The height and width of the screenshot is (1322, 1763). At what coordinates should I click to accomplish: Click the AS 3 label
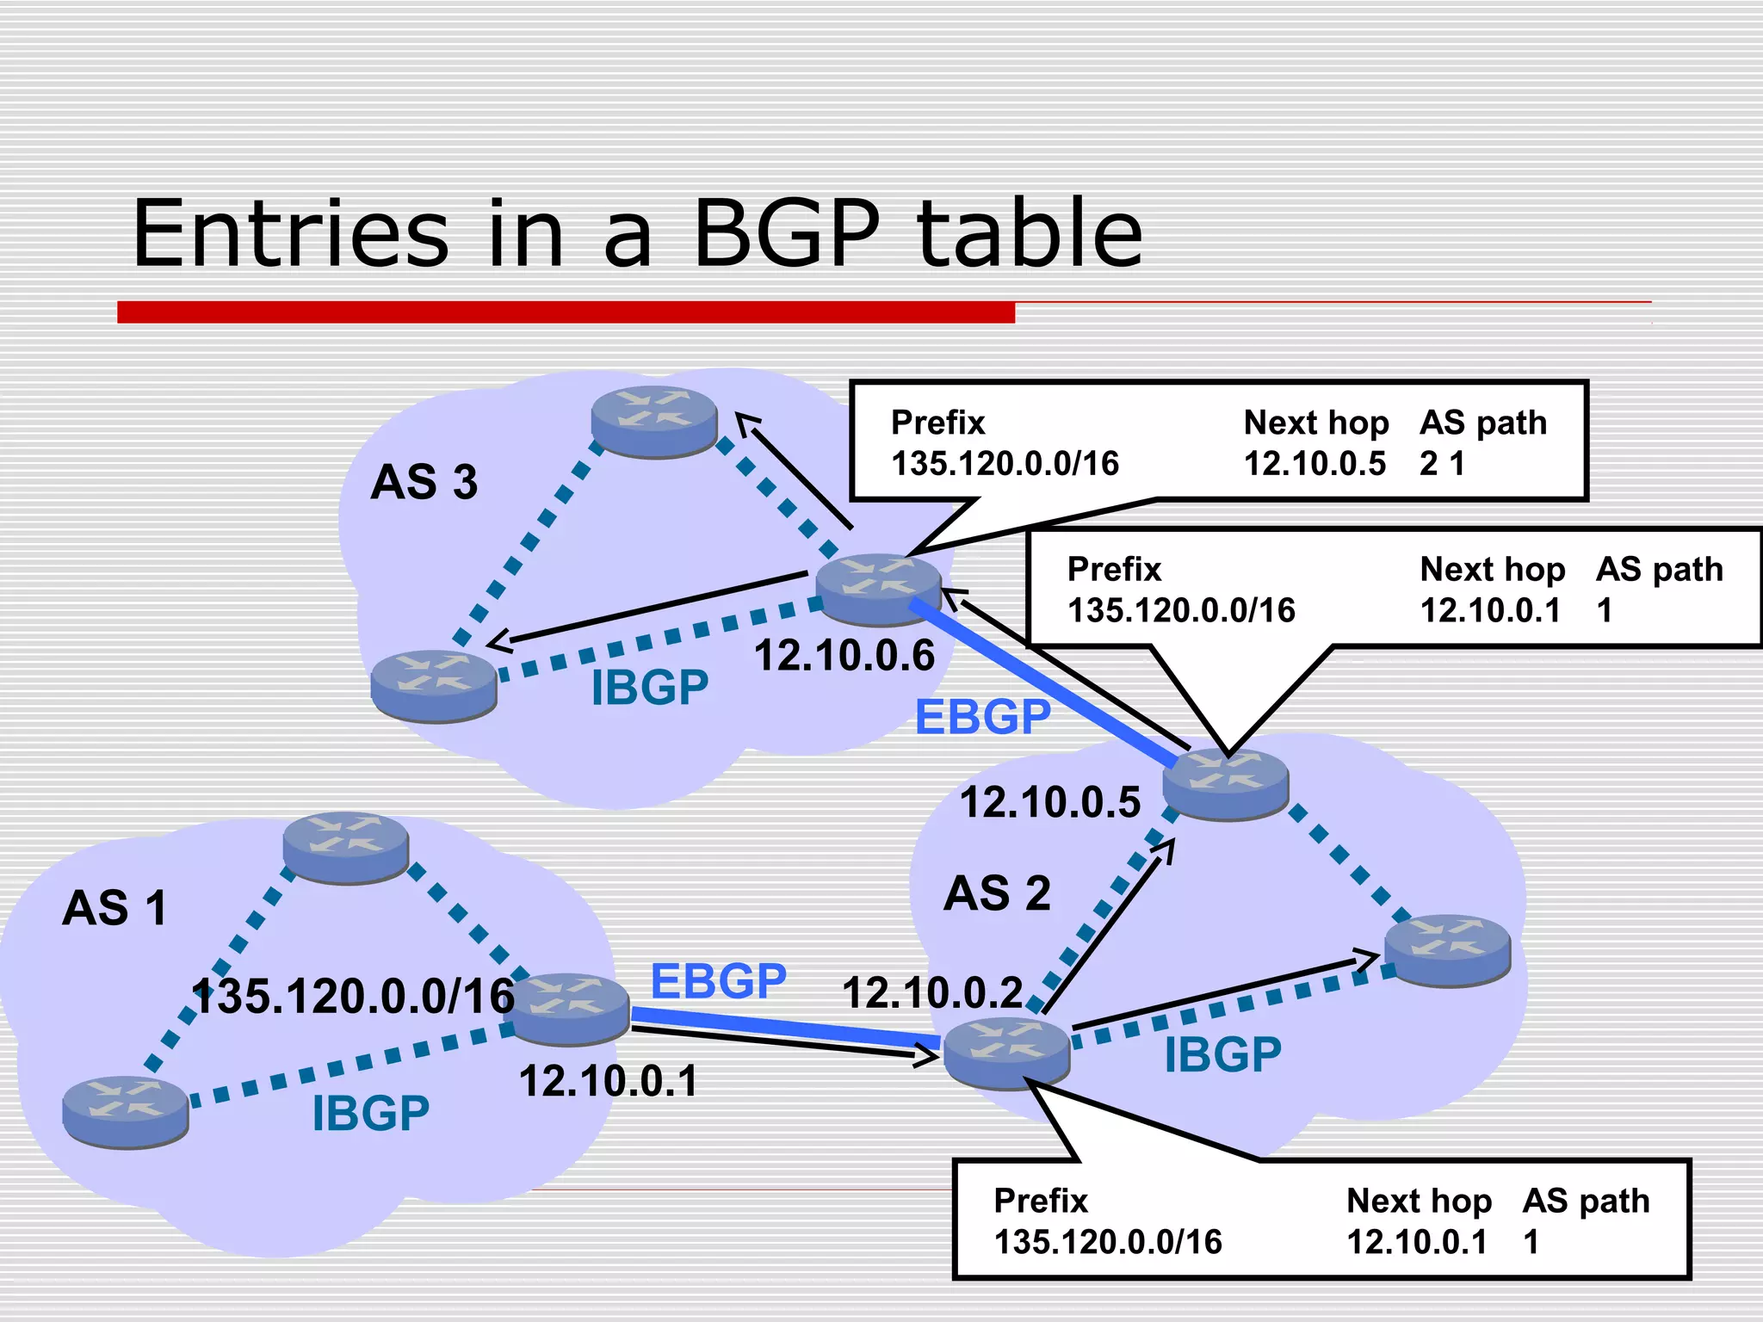pyautogui.click(x=424, y=482)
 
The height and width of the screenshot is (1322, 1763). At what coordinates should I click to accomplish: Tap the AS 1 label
pyautogui.click(x=114, y=908)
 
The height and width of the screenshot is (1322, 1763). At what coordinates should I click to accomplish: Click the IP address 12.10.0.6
pyautogui.click(x=844, y=656)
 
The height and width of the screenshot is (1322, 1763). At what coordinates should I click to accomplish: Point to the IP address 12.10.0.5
pyautogui.click(x=1049, y=802)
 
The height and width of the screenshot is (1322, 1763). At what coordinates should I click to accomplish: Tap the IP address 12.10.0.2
pyautogui.click(x=932, y=992)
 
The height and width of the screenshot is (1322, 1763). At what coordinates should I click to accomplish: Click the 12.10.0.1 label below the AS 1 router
pyautogui.click(x=608, y=1081)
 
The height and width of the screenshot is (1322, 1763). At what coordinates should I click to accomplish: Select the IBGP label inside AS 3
pyautogui.click(x=650, y=688)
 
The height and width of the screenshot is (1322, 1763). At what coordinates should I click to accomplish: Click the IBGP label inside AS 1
pyautogui.click(x=370, y=1114)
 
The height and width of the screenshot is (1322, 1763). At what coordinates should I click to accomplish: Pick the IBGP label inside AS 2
pyautogui.click(x=1222, y=1055)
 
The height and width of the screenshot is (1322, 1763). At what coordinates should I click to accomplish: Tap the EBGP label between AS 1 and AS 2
pyautogui.click(x=718, y=981)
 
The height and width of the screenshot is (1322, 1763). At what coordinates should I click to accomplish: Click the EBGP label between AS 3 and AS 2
pyautogui.click(x=982, y=717)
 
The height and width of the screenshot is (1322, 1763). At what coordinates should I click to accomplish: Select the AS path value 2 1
pyautogui.click(x=1442, y=464)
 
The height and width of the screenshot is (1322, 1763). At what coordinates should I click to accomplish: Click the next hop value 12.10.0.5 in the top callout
pyautogui.click(x=1315, y=464)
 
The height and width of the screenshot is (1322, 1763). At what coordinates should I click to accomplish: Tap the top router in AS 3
pyautogui.click(x=654, y=421)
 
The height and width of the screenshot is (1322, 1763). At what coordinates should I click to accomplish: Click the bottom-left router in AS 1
pyautogui.click(x=126, y=1111)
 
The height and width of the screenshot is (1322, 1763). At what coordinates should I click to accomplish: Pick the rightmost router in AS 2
pyautogui.click(x=1447, y=949)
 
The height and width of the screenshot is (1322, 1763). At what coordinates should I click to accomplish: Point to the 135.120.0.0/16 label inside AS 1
pyautogui.click(x=353, y=997)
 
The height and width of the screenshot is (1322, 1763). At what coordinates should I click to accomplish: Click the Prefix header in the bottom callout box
pyautogui.click(x=1040, y=1201)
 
